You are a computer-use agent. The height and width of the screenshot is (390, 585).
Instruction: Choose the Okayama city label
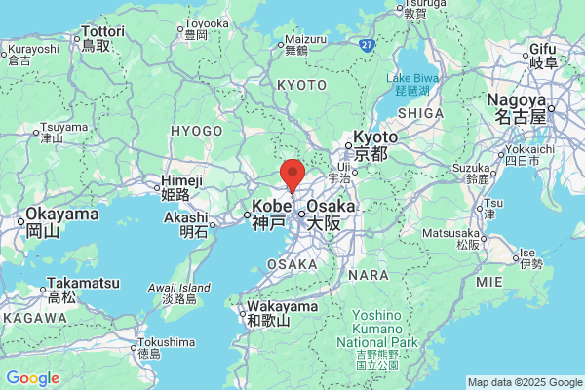(61, 214)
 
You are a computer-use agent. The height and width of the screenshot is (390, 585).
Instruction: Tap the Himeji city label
(182, 180)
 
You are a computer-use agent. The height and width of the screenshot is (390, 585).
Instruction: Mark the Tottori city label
(104, 32)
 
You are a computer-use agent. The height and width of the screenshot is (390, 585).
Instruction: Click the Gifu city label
(542, 49)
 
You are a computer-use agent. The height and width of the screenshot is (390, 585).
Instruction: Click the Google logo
(32, 378)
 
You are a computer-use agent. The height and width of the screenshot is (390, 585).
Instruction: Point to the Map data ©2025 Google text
(523, 382)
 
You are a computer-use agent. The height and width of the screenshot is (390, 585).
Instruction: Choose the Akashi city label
(194, 218)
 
